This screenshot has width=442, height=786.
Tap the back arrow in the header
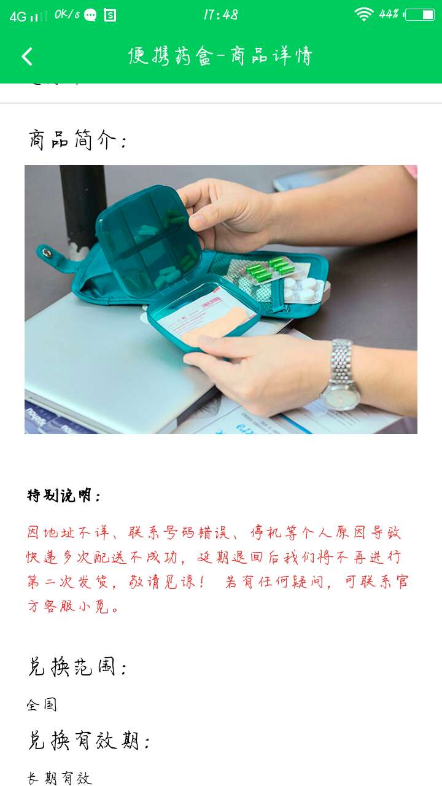pos(27,56)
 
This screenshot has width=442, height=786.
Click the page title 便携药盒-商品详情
pos(220,56)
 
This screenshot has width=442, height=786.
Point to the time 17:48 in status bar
pos(221,15)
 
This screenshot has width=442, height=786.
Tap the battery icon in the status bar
pos(420,15)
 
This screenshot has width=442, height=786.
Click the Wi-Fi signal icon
pos(363,14)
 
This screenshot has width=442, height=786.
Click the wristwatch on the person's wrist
pos(341,375)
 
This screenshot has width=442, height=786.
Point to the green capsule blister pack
pos(269,269)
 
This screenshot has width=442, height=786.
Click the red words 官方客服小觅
pos(68,607)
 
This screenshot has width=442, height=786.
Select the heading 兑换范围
pos(77,667)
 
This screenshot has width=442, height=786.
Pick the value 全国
pos(42,704)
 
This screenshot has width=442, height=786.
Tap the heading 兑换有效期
pos(89,741)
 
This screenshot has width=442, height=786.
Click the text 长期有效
pos(60,779)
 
